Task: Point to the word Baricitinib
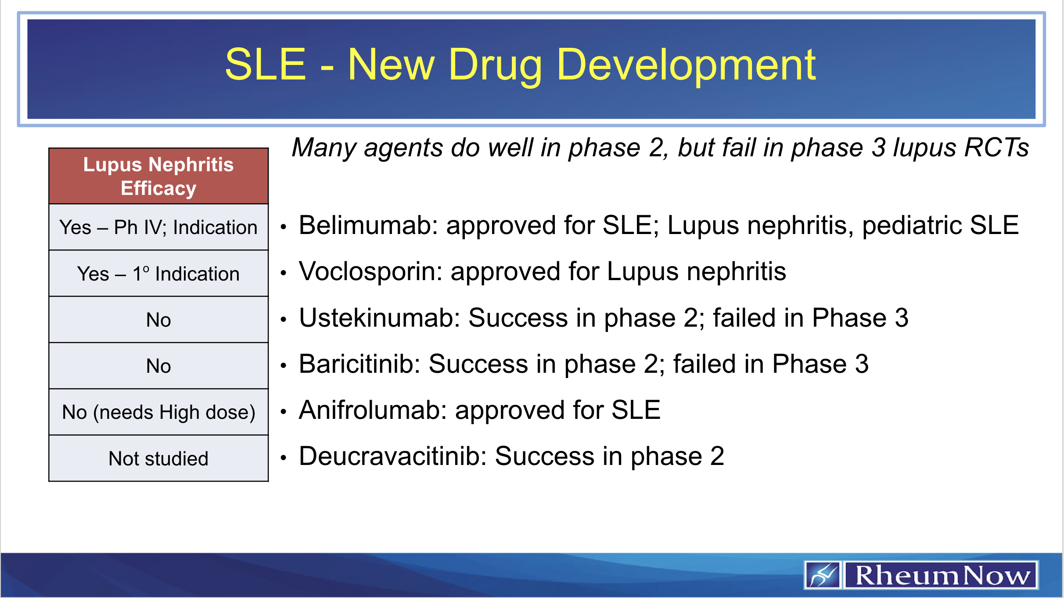point(359,364)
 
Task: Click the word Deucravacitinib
point(393,457)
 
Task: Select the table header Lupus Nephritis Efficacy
point(158,176)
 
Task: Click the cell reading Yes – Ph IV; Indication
point(158,227)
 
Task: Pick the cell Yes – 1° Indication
point(158,274)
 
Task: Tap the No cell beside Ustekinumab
point(158,320)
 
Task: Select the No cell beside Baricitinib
point(158,366)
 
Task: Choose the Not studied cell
point(158,459)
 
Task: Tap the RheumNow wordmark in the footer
point(942,575)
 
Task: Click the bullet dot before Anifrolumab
point(284,412)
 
